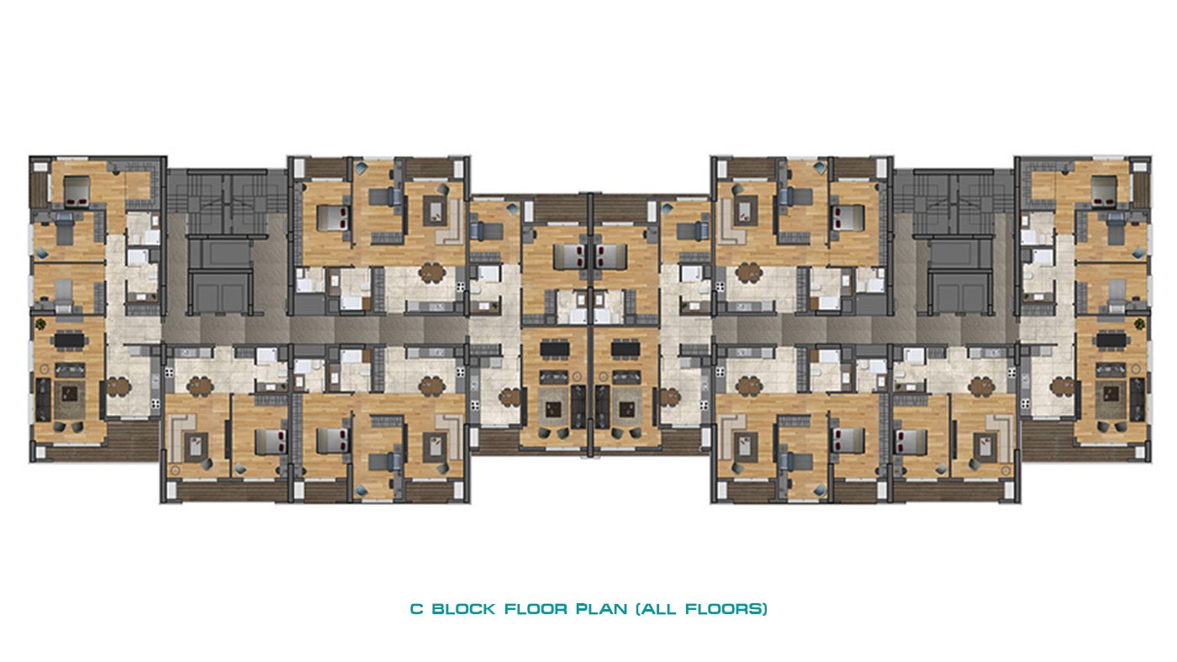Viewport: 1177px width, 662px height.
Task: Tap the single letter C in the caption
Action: (417, 609)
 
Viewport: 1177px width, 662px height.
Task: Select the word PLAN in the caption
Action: (602, 609)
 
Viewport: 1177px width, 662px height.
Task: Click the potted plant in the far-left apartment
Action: (41, 324)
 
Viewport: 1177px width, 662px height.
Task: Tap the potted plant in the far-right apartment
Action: (1139, 323)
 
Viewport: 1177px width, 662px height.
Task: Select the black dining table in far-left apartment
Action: (70, 341)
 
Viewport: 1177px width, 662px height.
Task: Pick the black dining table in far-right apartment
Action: (1111, 341)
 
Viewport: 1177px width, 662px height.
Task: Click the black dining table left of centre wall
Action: (556, 349)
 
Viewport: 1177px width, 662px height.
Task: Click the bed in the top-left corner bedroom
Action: (77, 191)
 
